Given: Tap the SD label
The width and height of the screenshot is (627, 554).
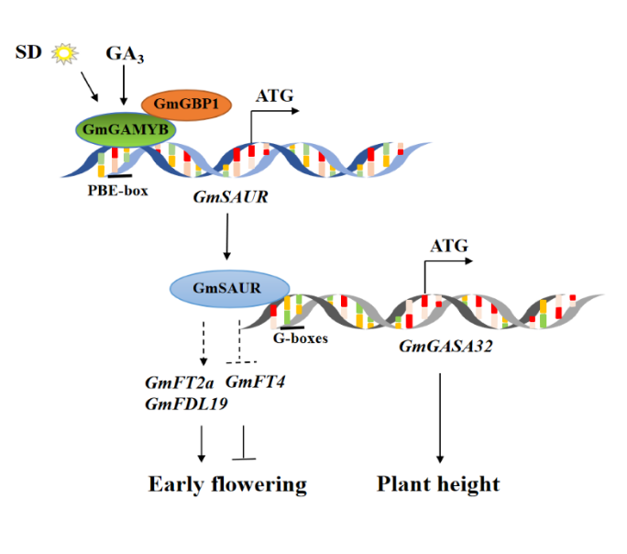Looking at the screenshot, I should pos(29,53).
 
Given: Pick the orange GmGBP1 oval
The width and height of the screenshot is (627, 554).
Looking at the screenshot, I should pos(185,105).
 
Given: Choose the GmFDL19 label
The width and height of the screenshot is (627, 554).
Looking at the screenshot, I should pos(182,403).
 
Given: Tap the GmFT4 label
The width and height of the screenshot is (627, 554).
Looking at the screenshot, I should pos(256,382).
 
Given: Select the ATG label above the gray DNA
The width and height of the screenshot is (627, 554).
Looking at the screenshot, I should pos(448,245).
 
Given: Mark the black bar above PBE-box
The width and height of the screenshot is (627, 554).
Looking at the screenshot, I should pos(119,174).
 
